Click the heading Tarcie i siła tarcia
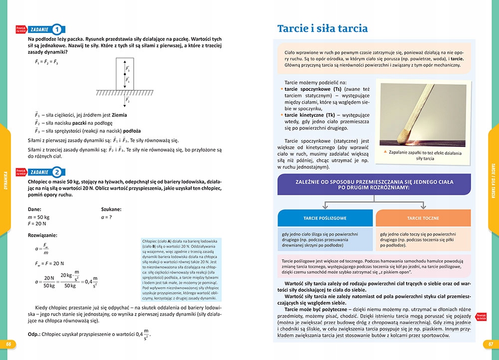click(322, 28)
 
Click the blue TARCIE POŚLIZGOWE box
click(325, 218)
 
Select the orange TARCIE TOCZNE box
click(423, 218)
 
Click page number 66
click(8, 345)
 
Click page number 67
click(491, 345)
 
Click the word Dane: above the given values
click(35, 210)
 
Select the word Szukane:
click(111, 210)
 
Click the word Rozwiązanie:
click(42, 235)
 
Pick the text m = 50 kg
click(39, 218)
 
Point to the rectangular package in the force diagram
click(125, 74)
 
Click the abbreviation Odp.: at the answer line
click(35, 334)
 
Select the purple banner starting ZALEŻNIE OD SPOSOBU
click(374, 187)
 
